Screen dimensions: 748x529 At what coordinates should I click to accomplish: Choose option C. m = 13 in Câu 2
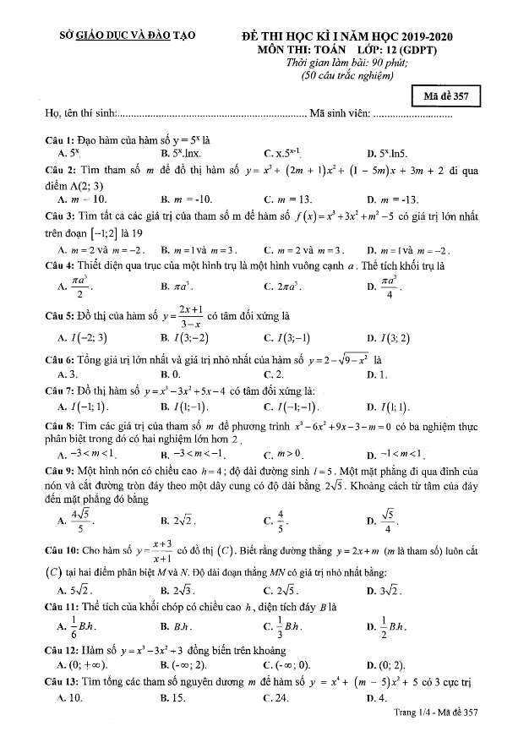click(288, 199)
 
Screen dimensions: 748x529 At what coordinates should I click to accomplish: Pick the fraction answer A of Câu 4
click(80, 288)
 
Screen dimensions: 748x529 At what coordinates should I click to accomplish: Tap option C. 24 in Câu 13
click(276, 697)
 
